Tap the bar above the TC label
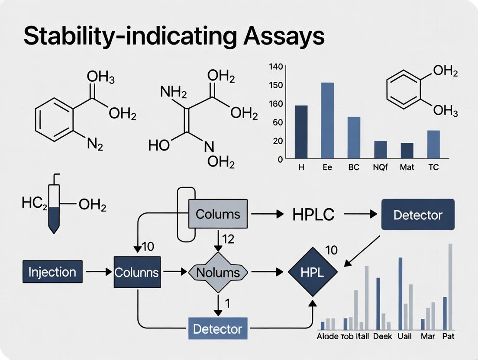[x=433, y=144]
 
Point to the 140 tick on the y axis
[x=275, y=67]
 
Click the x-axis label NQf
[x=381, y=167]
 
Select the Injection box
[x=52, y=272]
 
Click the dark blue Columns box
[x=137, y=272]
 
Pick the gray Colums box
[x=218, y=214]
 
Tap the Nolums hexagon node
[x=218, y=272]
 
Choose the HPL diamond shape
[x=312, y=272]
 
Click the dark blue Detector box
[x=418, y=215]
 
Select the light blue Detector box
[x=218, y=328]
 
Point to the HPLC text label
[x=307, y=215]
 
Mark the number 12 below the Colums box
[x=228, y=238]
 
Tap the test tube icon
[x=55, y=208]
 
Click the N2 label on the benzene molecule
[x=95, y=144]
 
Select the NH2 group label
[x=173, y=92]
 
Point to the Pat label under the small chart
[x=449, y=336]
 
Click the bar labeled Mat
[x=407, y=151]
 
